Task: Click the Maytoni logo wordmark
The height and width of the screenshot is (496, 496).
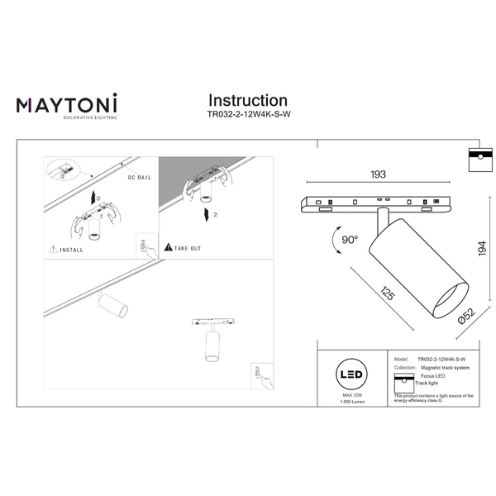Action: click(x=67, y=104)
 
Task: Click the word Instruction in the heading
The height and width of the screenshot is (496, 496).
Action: click(x=247, y=101)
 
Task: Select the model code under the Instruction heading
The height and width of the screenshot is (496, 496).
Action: click(x=247, y=117)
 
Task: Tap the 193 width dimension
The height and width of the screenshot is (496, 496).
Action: click(x=378, y=175)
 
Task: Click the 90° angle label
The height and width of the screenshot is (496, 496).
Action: click(x=350, y=240)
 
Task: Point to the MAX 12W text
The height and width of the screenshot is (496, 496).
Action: click(x=353, y=396)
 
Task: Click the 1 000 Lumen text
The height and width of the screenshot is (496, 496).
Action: click(x=353, y=403)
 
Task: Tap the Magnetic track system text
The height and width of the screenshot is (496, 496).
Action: click(x=444, y=367)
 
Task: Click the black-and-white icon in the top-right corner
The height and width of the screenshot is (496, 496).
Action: click(x=475, y=160)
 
